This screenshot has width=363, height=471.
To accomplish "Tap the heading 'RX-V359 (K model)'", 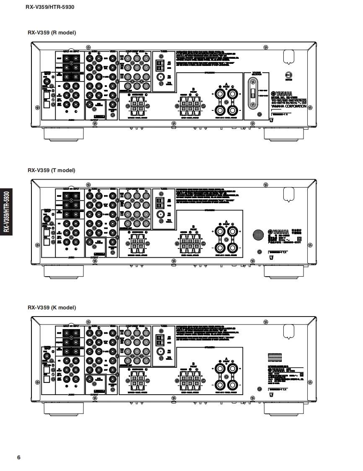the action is [x=52, y=308].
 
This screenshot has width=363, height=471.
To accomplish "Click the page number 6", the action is [x=18, y=457].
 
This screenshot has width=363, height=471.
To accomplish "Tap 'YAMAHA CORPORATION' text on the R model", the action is [x=288, y=106].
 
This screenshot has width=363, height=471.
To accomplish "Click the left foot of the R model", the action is [x=63, y=133].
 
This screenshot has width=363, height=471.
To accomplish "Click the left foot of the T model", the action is [x=63, y=271].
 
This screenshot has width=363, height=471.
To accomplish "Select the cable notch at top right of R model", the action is [x=288, y=56].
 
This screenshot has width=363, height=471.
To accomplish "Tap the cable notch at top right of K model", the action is [x=288, y=331].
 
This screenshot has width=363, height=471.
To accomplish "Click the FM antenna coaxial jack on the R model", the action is [x=160, y=77].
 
